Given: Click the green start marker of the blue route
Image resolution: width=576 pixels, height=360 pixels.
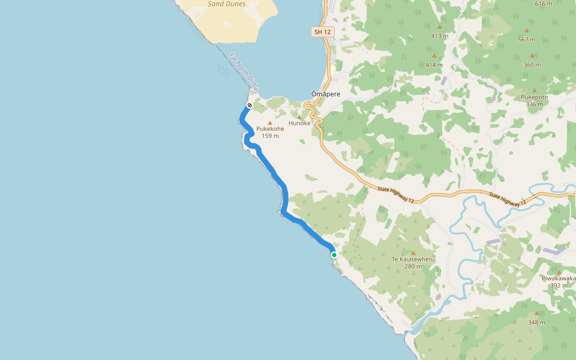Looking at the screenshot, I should (x=334, y=255).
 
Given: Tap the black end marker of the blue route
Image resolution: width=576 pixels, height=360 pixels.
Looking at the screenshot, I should (x=249, y=106).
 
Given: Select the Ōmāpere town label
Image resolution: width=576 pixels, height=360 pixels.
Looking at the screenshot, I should (x=325, y=94).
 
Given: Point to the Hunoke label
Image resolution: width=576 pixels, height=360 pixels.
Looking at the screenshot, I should (x=299, y=123).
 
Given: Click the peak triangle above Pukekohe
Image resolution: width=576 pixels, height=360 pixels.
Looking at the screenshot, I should (x=270, y=122).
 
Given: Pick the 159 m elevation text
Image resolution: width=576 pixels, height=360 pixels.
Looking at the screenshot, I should (x=270, y=136).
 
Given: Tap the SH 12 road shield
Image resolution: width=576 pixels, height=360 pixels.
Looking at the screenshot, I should (x=322, y=32).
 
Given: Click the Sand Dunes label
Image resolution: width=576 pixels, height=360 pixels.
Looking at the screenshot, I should (x=226, y=4).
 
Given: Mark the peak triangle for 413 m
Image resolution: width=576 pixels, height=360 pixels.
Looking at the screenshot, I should (x=440, y=27).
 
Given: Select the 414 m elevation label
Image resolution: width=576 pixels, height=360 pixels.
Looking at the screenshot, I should (x=434, y=65).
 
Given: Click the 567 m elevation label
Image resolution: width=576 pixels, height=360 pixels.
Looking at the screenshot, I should (x=526, y=40).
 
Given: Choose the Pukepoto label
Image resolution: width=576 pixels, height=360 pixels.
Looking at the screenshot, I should (x=535, y=97).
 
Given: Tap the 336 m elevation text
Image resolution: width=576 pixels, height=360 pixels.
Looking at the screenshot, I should (x=534, y=104).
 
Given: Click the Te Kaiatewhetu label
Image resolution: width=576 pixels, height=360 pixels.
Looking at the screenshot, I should (x=413, y=259).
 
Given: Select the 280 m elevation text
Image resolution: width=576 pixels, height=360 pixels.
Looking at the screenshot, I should (x=413, y=266).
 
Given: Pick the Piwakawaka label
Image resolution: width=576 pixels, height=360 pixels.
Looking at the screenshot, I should (x=559, y=278).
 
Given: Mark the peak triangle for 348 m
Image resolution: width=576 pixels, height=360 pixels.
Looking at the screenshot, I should (x=537, y=313).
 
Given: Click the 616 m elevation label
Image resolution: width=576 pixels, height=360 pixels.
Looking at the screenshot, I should (x=543, y=4).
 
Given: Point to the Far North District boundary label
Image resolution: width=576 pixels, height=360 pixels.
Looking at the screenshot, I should (x=244, y=73).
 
